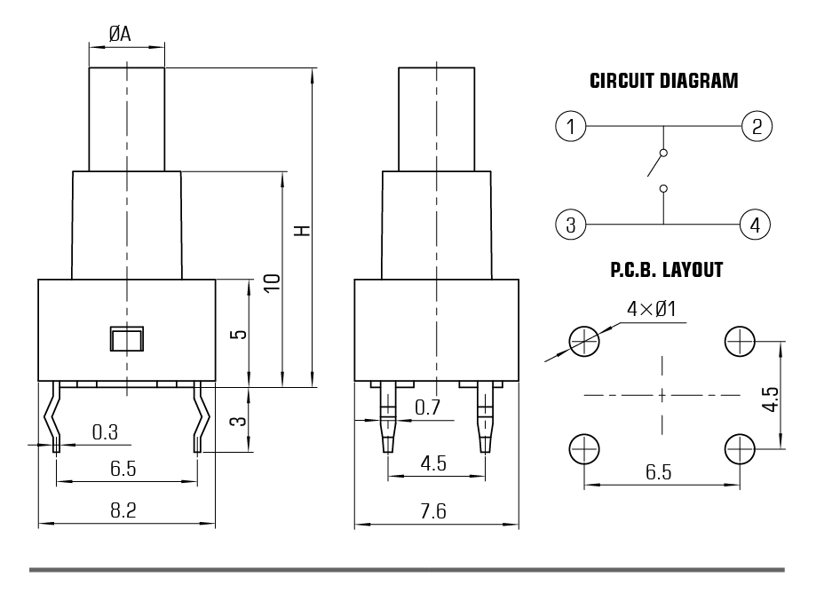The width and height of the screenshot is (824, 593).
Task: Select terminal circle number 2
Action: (x=756, y=126)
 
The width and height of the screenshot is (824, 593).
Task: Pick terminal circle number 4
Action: (x=756, y=224)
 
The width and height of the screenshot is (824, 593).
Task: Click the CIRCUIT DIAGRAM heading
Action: (x=663, y=82)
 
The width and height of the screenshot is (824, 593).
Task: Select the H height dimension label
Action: (x=303, y=230)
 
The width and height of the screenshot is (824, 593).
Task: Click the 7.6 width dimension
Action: (x=435, y=510)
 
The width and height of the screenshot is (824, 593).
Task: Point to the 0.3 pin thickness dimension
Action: (x=105, y=432)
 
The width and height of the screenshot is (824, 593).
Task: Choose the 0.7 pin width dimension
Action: (x=428, y=407)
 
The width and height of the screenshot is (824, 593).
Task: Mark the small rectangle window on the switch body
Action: (x=127, y=338)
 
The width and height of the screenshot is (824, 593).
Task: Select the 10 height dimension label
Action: (x=273, y=283)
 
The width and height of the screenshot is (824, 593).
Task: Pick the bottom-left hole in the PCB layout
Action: (x=583, y=448)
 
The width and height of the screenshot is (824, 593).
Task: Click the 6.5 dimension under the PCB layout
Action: (x=658, y=472)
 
